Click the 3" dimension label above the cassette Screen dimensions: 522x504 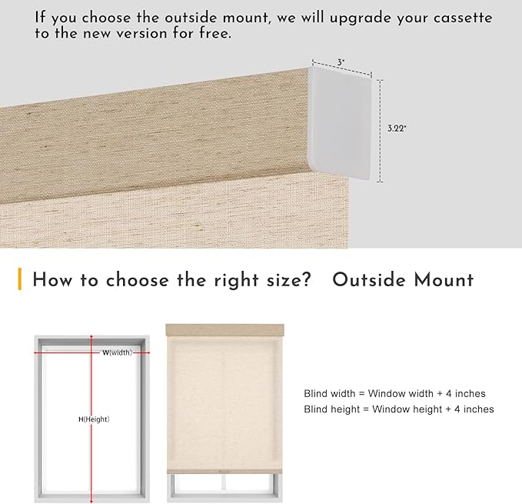point(341,62)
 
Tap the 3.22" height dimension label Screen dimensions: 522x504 point(397,129)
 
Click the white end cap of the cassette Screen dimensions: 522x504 point(340,123)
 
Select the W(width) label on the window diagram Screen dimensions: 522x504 point(117,352)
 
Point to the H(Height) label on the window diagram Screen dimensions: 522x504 point(94,419)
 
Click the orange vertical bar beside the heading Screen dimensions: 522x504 point(20,279)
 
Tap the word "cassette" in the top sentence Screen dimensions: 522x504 point(462,18)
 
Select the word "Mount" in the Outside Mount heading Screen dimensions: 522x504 point(444,279)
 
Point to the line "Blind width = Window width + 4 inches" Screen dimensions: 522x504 point(394,393)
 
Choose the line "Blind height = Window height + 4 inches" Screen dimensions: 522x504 point(399,409)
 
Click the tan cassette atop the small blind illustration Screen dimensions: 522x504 point(225,330)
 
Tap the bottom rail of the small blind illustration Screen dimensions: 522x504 point(224,471)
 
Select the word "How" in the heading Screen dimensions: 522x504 point(52,279)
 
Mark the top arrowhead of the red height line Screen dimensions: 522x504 point(91,336)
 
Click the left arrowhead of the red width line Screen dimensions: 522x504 point(36,352)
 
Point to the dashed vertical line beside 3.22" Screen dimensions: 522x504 point(381,131)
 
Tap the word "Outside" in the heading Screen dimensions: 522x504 point(369,279)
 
